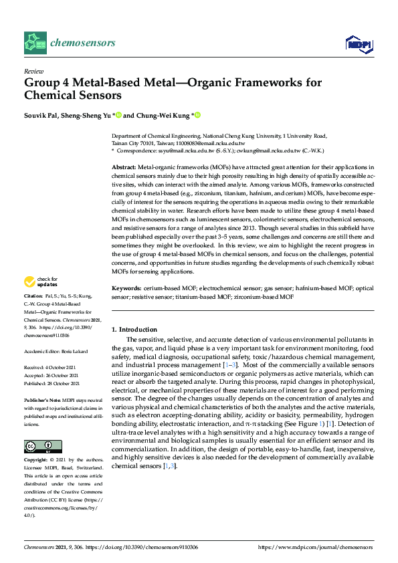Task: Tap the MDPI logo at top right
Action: pos(359,44)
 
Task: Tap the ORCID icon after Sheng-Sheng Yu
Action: pos(118,115)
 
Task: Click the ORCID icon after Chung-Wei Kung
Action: pos(197,115)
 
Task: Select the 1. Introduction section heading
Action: pos(134,330)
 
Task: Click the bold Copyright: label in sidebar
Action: pos(36,461)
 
